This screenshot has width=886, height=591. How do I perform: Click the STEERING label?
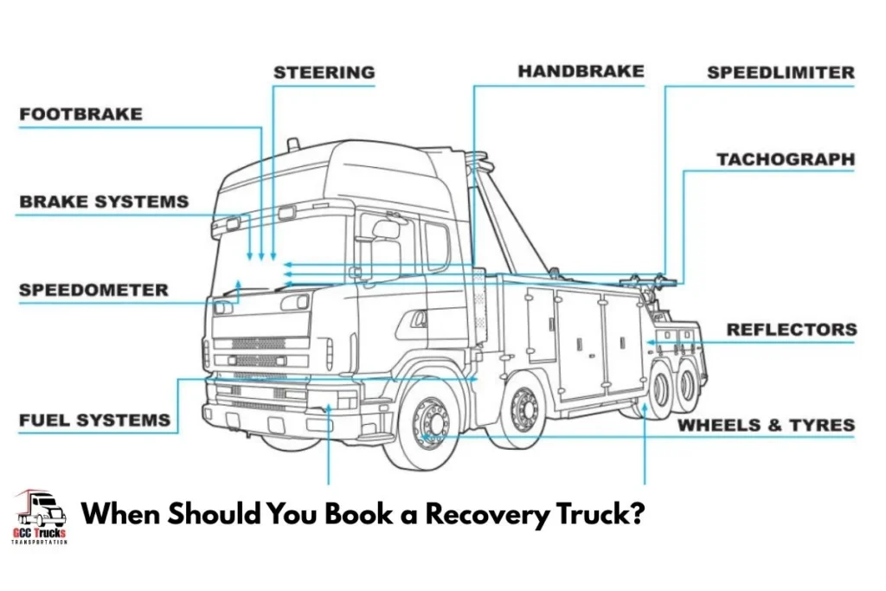(x=324, y=73)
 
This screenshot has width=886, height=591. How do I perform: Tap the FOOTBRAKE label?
(x=80, y=114)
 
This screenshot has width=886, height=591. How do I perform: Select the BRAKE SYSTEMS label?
(x=103, y=202)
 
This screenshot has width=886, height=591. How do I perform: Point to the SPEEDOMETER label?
(x=93, y=290)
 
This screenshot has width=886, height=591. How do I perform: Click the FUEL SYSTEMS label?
(x=94, y=421)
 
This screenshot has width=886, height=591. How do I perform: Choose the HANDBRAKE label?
(x=581, y=72)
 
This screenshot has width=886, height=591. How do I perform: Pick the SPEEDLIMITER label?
(x=780, y=73)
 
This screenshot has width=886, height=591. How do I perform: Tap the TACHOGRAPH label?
(x=785, y=160)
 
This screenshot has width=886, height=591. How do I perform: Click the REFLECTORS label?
(x=791, y=330)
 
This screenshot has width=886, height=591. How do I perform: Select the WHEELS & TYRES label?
(x=766, y=425)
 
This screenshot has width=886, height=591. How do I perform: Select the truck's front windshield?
(x=281, y=251)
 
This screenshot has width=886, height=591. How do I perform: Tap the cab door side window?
(x=437, y=247)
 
